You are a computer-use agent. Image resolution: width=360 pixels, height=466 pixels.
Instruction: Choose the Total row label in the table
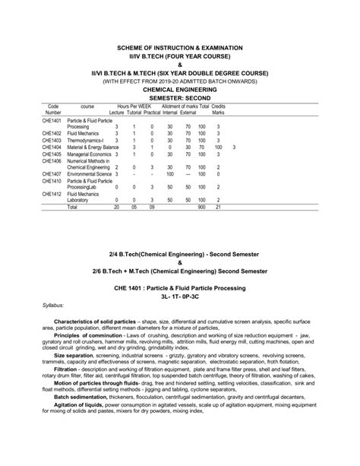[x=73, y=206]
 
